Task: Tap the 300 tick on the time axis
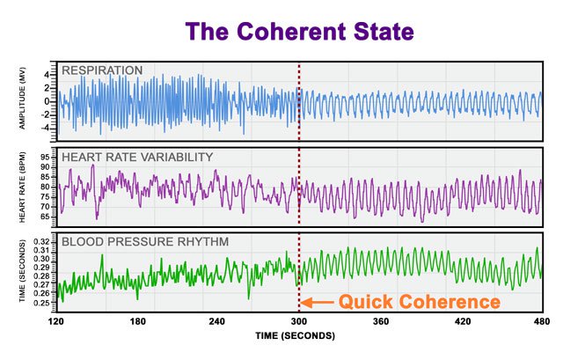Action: click(299, 322)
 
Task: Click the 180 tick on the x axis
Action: click(137, 322)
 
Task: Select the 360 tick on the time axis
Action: click(380, 322)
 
